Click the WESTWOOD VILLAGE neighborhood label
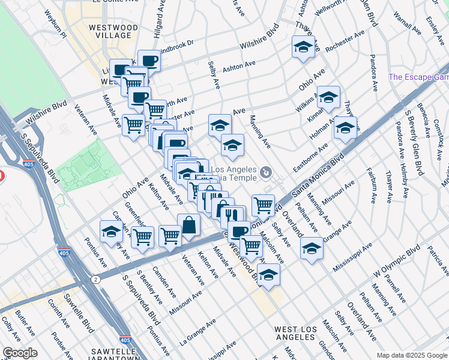coord(110,31)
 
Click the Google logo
coord(20,353)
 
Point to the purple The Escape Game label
coord(419,77)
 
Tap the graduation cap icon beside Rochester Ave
coord(304,47)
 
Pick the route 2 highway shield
coord(96,279)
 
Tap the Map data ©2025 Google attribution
coord(412,355)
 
